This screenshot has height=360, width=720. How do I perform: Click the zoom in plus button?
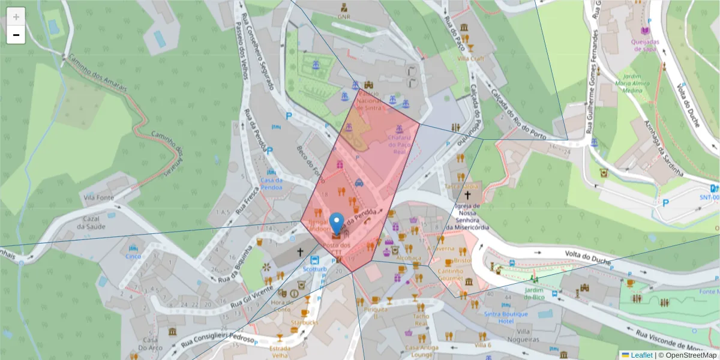tap(16, 17)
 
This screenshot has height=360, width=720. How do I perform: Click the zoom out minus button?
tap(16, 35)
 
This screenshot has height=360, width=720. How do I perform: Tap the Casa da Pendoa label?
tap(271, 183)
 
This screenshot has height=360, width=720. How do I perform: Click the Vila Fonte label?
tap(98, 197)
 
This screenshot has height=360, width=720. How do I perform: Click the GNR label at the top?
tap(344, 17)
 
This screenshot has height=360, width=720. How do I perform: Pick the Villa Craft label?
tap(470, 58)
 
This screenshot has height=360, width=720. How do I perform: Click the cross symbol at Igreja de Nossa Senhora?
tap(467, 195)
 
